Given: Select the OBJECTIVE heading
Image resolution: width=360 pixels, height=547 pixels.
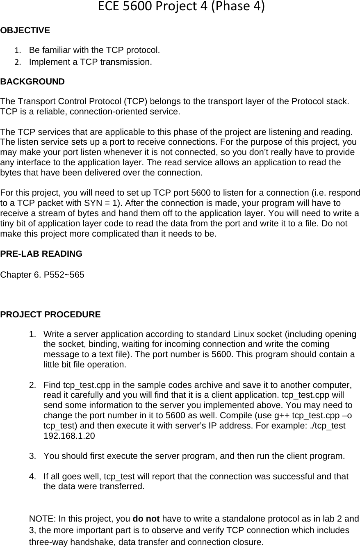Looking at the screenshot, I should [25, 30].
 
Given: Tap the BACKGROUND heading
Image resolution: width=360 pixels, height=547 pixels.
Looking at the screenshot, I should [32, 82].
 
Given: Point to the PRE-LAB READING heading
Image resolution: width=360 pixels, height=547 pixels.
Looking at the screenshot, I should [41, 254].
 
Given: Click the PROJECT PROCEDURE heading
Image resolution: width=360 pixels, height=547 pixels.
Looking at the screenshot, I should [50, 315].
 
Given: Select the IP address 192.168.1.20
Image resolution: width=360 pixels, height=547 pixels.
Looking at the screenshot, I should [69, 436].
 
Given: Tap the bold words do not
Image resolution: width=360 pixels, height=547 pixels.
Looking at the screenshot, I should [152, 519].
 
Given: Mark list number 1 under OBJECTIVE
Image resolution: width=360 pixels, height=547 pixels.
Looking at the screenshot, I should [17, 51].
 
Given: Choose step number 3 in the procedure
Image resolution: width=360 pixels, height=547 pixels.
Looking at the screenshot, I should [32, 456].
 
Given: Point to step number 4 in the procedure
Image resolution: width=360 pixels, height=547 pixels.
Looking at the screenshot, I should [32, 476].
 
